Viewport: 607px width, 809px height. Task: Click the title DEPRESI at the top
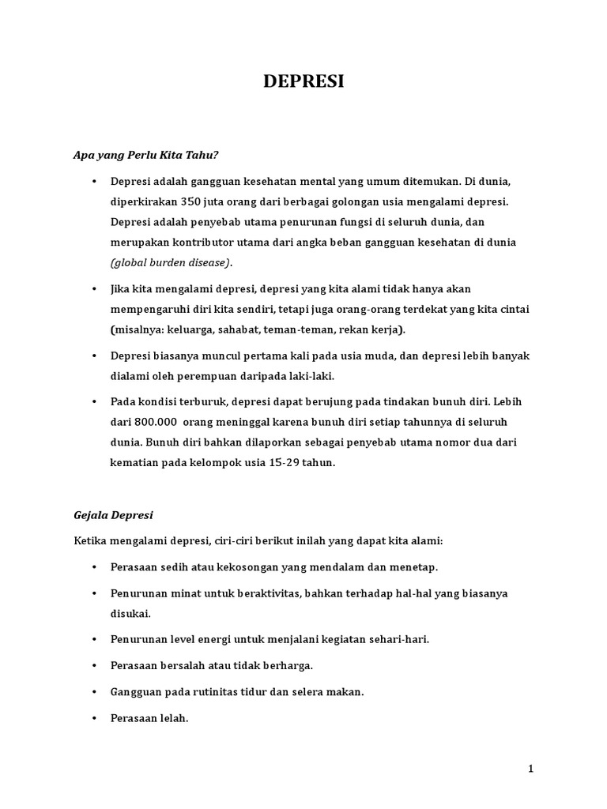pos(303,83)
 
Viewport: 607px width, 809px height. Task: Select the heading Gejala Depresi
pos(113,515)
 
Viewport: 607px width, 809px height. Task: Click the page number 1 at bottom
pos(531,768)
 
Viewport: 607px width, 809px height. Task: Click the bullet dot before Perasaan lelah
pos(93,718)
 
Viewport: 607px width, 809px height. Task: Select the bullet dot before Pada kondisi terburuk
pos(93,402)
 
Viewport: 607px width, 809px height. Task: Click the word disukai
pos(130,613)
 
